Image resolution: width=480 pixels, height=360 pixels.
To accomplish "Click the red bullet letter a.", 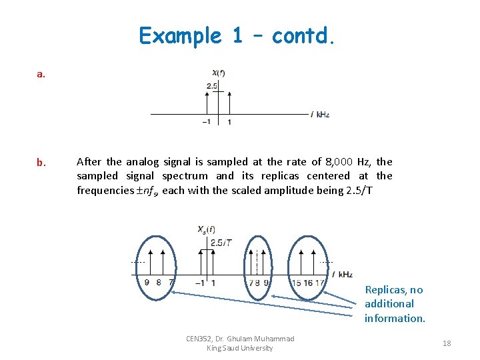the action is coord(41,75).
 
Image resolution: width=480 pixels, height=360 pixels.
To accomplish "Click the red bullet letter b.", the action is coord(41,163).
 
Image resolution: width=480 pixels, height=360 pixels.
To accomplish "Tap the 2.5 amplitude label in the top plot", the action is coord(211,86).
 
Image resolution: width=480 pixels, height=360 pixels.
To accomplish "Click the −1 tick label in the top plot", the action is coord(207,122).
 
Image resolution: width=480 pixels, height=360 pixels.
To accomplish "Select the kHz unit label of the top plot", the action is coord(323,115).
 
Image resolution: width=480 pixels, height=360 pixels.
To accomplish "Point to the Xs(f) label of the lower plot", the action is coord(207,229).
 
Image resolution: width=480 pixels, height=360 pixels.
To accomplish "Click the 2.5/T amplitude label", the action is coord(221,243).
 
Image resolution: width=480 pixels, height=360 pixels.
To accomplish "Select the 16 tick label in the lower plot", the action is coord(308,283).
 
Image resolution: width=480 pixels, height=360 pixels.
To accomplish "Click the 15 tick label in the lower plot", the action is coord(296,283).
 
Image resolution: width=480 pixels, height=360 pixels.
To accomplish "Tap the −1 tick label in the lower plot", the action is coord(199,283).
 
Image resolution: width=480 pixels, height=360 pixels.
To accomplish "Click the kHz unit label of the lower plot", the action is coord(345,274).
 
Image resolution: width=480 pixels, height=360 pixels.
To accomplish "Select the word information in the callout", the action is coord(394,319).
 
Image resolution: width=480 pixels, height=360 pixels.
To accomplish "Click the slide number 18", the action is coord(447,343).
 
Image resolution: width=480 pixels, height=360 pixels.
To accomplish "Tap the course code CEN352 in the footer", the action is coord(199,339).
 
